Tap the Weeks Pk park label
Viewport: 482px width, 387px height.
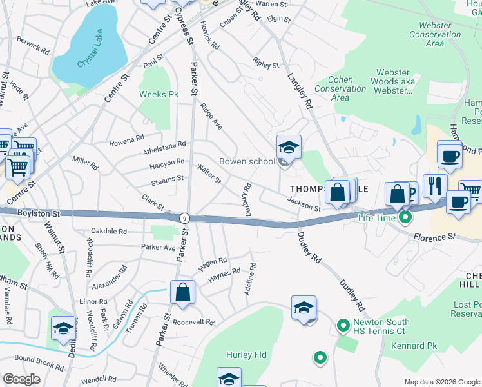click(x=159, y=94)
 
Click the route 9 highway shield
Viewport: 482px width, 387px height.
click(x=184, y=219)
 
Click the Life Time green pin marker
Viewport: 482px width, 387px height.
click(x=405, y=218)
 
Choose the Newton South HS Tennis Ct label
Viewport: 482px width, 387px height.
click(x=379, y=328)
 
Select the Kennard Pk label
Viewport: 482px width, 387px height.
click(x=414, y=346)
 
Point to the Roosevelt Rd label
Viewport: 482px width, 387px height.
click(x=193, y=322)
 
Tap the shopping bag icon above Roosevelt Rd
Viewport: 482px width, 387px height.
click(x=183, y=292)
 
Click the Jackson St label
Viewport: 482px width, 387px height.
click(x=304, y=206)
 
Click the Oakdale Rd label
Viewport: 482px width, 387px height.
click(x=109, y=231)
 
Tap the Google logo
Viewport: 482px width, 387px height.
click(x=22, y=379)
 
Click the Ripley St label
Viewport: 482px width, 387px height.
click(x=266, y=65)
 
